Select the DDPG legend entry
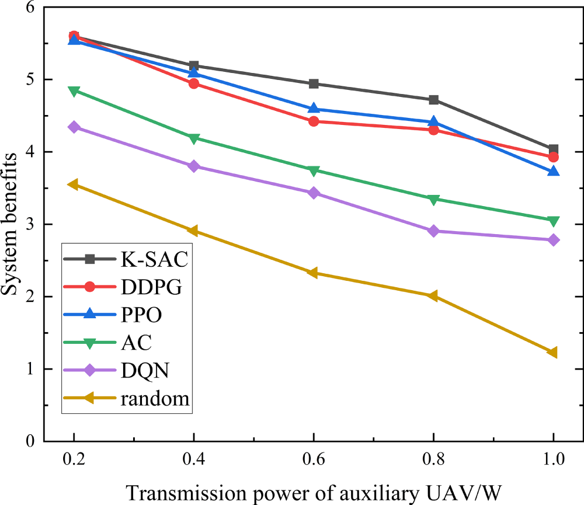coord(125,287)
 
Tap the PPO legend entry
coord(125,315)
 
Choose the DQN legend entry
coord(125,370)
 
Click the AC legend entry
coord(125,343)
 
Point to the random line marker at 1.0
coord(552,352)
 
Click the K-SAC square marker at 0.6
coord(314,83)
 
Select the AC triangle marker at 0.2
coord(74,91)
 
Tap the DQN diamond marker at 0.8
coord(433,231)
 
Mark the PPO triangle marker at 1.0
coord(553,171)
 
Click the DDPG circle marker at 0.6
coord(314,121)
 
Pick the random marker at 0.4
coord(193,231)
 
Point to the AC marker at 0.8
coord(433,200)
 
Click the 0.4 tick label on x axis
coord(193,459)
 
